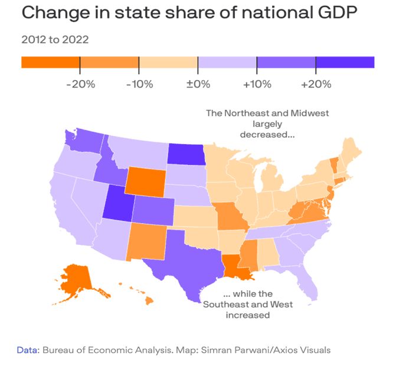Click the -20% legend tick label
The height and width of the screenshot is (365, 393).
click(81, 84)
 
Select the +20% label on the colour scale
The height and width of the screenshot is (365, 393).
click(316, 84)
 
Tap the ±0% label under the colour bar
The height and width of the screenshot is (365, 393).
click(198, 84)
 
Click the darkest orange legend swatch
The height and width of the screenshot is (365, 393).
click(50, 62)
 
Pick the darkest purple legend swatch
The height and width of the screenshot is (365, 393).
click(345, 62)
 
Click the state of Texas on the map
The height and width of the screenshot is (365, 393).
click(183, 259)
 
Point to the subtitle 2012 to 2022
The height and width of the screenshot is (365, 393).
click(55, 41)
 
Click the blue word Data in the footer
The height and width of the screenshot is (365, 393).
click(28, 350)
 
